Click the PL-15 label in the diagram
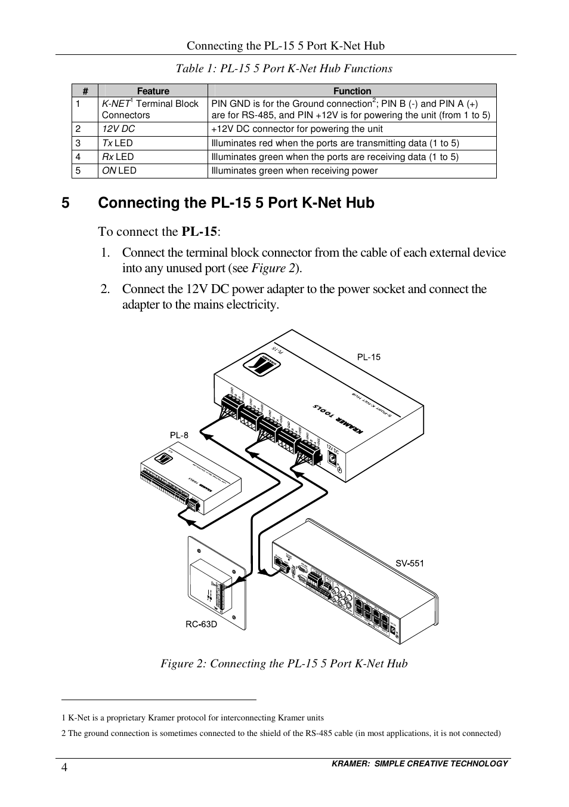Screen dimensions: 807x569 (369, 357)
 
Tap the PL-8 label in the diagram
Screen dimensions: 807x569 (179, 435)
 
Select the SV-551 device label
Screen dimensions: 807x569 (410, 563)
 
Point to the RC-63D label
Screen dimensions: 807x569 (201, 624)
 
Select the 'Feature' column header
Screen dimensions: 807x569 (153, 91)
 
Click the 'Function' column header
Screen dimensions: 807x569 (352, 91)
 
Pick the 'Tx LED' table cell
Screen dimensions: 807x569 (117, 143)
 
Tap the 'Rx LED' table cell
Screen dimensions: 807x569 (118, 157)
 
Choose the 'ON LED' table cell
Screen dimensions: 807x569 (119, 171)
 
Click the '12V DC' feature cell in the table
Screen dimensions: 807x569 (119, 129)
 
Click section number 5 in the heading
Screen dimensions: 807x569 (66, 203)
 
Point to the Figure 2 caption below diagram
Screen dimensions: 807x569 (284, 664)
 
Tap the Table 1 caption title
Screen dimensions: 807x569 (284, 69)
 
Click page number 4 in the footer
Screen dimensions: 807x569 (64, 767)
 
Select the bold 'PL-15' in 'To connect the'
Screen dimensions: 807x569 (199, 232)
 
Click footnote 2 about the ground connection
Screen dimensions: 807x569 (281, 733)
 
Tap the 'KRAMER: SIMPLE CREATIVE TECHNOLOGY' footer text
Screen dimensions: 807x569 (420, 763)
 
